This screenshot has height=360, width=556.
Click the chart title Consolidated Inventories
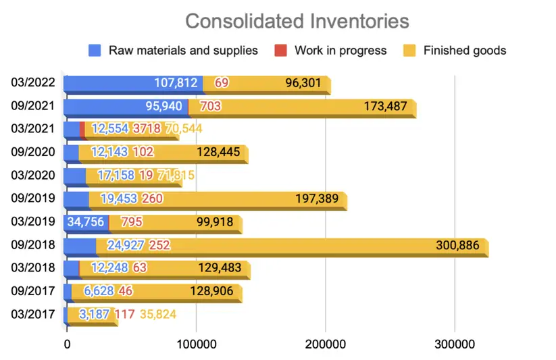(297, 21)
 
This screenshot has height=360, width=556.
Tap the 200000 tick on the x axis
(326, 345)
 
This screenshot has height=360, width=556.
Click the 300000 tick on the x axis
(454, 345)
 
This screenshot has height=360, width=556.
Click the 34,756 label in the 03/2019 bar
(85, 222)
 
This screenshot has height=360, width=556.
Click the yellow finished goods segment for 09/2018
(304, 245)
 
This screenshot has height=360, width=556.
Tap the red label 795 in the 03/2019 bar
(130, 222)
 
